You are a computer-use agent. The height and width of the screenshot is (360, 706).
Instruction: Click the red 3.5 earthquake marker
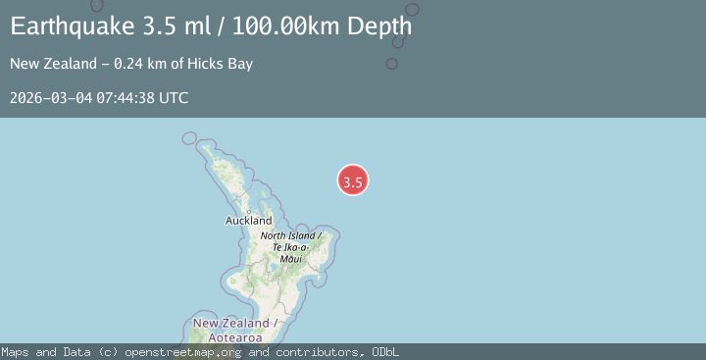pyautogui.click(x=353, y=180)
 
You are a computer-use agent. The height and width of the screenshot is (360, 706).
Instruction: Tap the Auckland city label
pyautogui.click(x=248, y=222)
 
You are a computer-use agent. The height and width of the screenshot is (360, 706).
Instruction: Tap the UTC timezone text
pyautogui.click(x=174, y=98)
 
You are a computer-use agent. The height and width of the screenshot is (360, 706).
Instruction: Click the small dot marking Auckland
pyautogui.click(x=249, y=211)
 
